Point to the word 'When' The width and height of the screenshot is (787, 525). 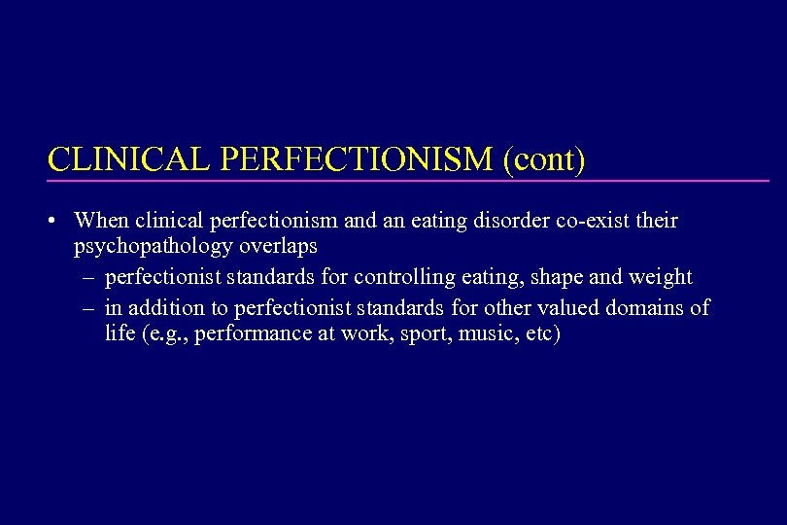100,221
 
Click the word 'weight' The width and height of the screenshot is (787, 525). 661,277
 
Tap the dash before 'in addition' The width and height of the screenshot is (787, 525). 88,308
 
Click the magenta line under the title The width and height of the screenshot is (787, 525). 408,181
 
